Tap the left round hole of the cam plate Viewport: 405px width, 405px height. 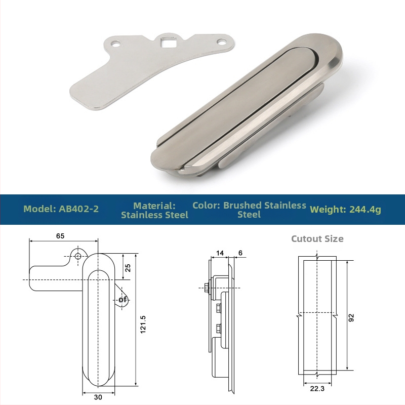coord(115,45)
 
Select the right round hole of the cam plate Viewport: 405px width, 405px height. coord(221,41)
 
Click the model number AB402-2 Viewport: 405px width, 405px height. coord(79,209)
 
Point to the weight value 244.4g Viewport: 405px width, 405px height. coord(365,210)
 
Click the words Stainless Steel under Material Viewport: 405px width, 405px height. coord(154,215)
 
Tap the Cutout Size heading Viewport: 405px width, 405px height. coord(317,238)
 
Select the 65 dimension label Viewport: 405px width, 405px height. coord(60,236)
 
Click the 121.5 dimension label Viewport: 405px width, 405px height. coord(143,325)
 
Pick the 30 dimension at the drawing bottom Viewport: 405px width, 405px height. coord(98,397)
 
